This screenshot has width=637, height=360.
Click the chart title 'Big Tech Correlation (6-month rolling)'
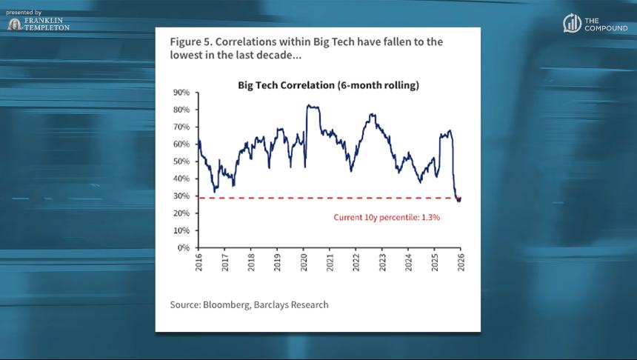[328, 85]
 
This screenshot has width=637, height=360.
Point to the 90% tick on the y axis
[181, 93]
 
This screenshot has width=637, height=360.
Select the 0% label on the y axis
[184, 247]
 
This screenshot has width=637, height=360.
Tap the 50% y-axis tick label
[181, 161]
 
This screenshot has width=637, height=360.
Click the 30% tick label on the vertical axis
[181, 196]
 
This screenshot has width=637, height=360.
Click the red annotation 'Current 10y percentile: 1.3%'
[387, 218]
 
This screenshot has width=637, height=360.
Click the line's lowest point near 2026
[458, 200]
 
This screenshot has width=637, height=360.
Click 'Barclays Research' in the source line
[292, 304]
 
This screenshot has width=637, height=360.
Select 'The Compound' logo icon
[572, 24]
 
